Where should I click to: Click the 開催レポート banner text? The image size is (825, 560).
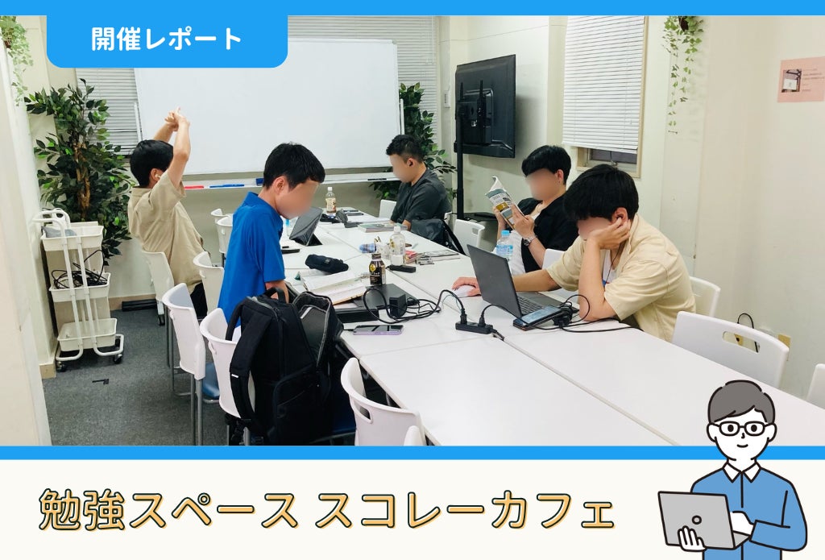point(166,39)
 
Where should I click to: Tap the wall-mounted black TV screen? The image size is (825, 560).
point(485,106)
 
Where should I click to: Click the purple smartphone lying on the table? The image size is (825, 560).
point(378,330)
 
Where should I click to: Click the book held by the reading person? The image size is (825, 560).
point(503,202)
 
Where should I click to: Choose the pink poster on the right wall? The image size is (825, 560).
point(801,80)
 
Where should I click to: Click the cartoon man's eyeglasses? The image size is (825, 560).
point(742,427)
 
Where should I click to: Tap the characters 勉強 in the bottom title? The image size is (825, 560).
point(82,509)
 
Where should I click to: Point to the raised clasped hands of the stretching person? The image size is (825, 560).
point(177,119)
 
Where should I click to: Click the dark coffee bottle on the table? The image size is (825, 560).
point(377,269)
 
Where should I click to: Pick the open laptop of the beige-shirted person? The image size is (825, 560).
point(506,284)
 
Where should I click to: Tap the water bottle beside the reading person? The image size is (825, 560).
point(504,245)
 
